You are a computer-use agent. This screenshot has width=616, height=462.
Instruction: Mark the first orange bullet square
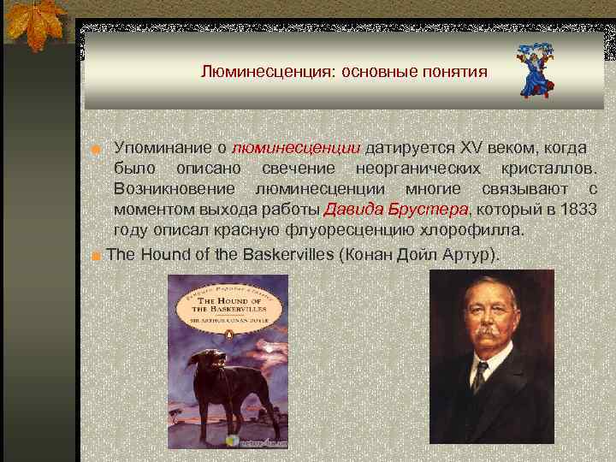(98, 150)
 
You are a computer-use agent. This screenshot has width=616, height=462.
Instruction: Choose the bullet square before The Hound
(98, 256)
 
